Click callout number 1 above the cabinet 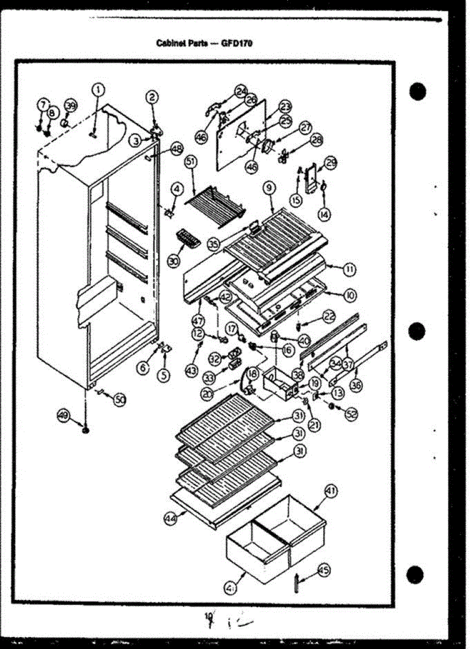[x=98, y=89]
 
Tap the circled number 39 [x=70, y=105]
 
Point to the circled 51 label [x=190, y=161]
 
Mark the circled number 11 [x=349, y=268]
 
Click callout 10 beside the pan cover [x=350, y=295]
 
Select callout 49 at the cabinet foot [x=64, y=415]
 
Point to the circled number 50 [x=119, y=400]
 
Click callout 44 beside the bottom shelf [x=171, y=518]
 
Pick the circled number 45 [x=324, y=569]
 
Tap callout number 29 [x=330, y=162]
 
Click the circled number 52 [x=351, y=414]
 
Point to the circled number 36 [x=356, y=385]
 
